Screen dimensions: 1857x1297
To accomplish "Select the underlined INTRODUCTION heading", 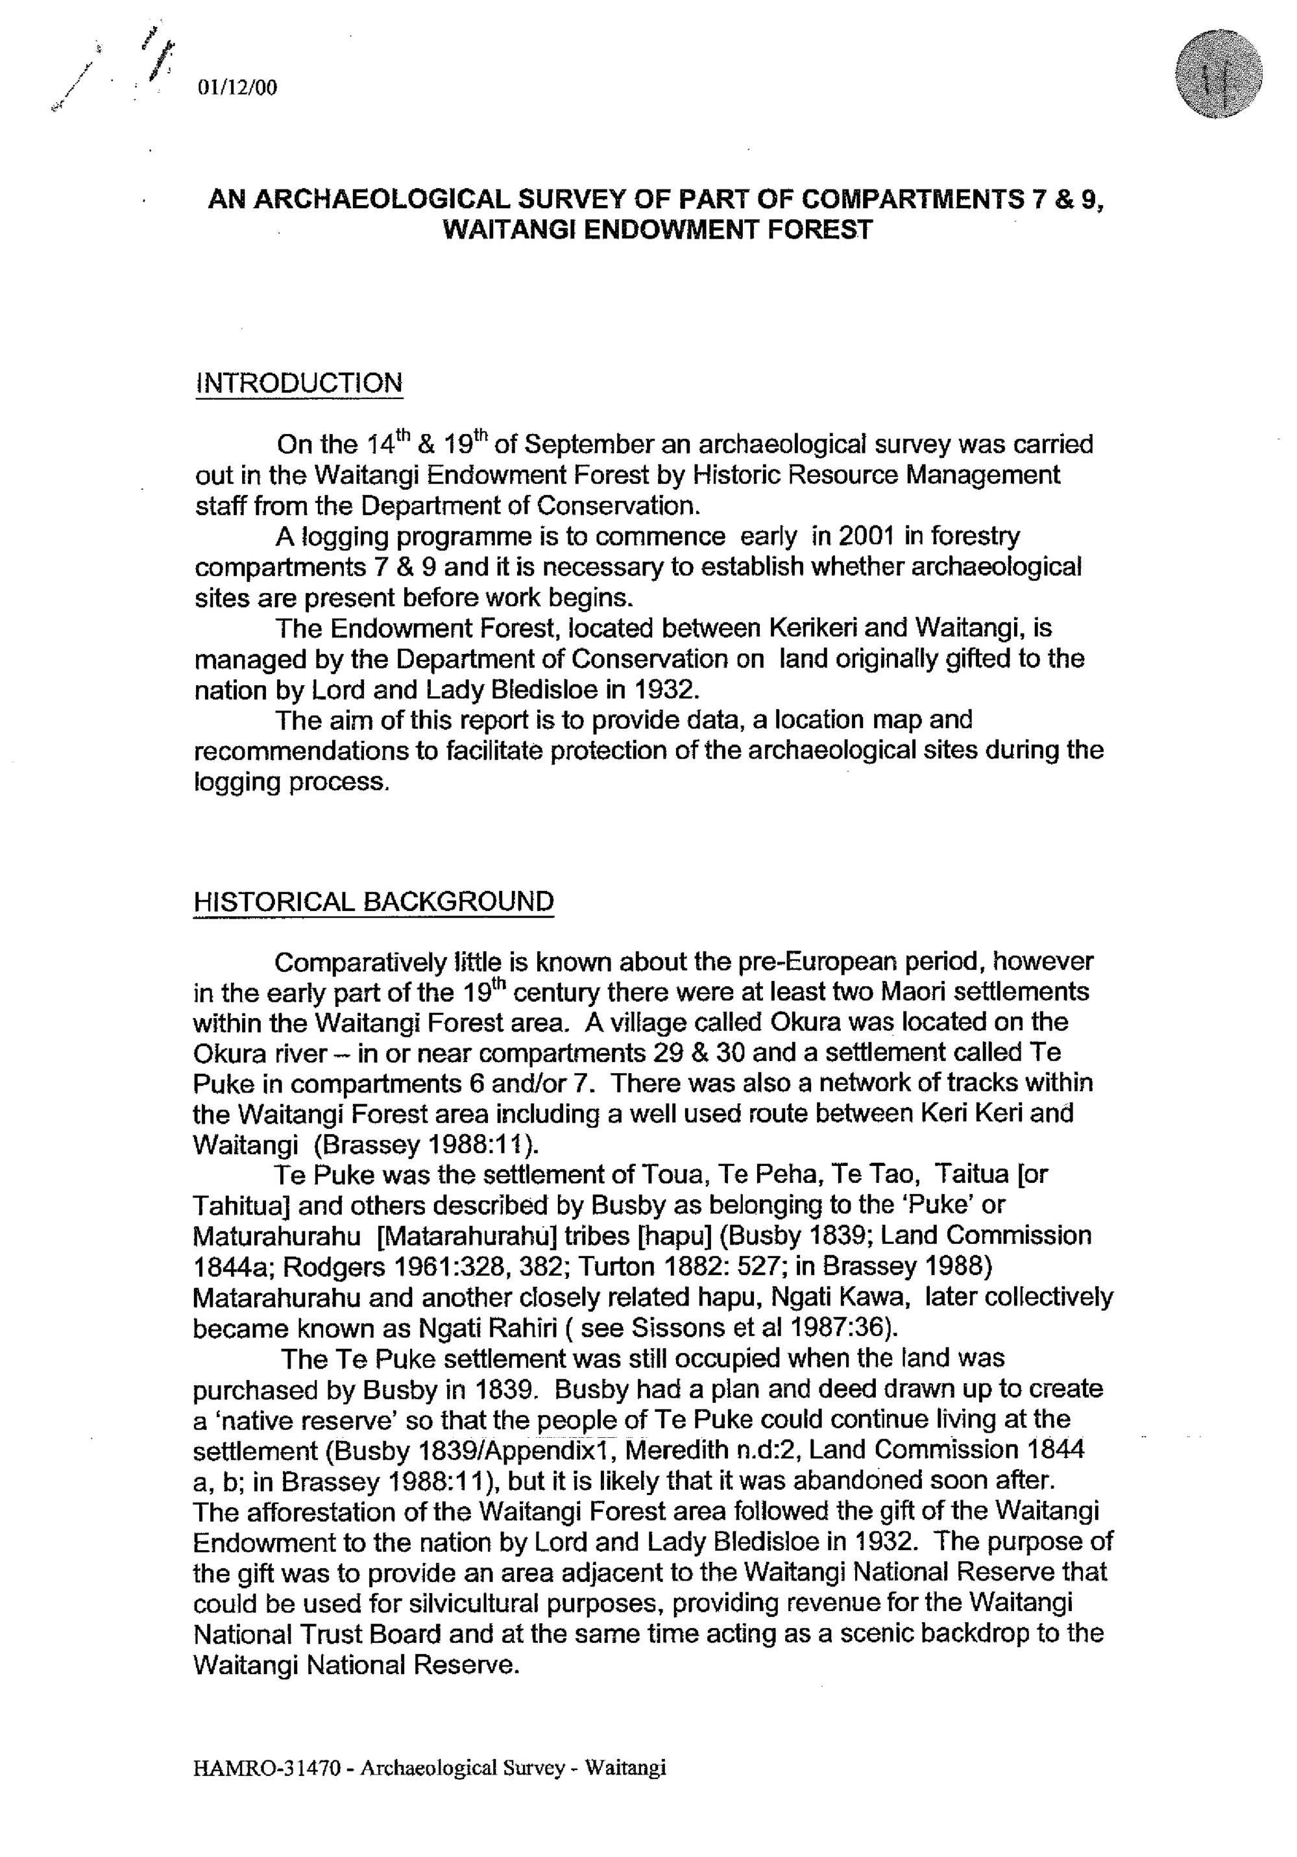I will (x=298, y=383).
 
